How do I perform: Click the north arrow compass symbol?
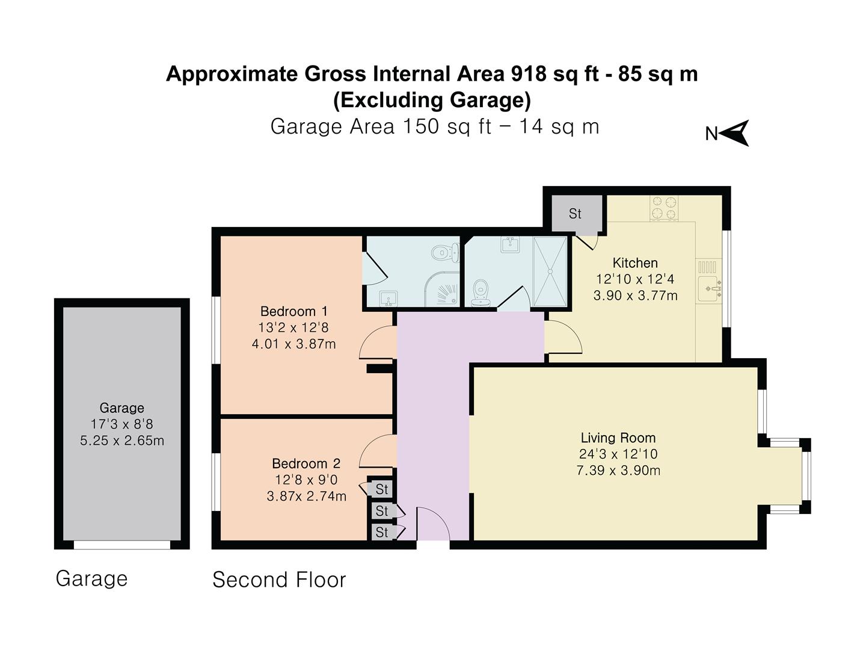point(734,133)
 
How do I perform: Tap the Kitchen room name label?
point(635,263)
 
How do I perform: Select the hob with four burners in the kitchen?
point(664,208)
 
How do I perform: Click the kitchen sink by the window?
point(710,289)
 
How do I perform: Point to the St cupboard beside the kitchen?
point(575,213)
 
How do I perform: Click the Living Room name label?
point(618,438)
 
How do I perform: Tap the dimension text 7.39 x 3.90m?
point(618,471)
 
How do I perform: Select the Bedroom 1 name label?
point(293,311)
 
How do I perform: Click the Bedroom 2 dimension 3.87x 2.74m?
point(306,497)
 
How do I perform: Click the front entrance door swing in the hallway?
point(432,523)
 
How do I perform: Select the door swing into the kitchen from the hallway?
point(563,338)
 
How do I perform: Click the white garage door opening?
point(122,545)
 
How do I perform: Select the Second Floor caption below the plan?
point(279,580)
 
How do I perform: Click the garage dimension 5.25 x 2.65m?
point(122,441)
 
